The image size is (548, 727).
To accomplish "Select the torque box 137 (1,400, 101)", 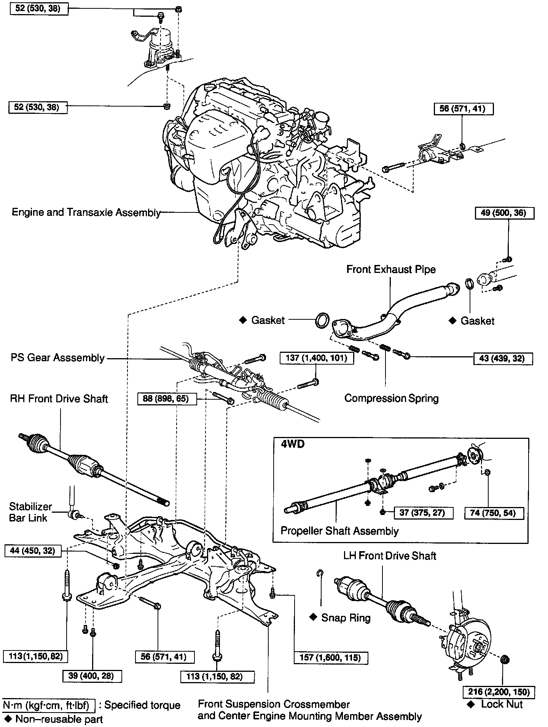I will pos(316,358).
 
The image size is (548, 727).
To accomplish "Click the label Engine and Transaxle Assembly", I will pos(86,212).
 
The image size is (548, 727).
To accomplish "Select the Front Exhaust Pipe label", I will pos(391,269).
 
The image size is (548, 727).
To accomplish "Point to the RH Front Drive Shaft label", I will pos(59,399).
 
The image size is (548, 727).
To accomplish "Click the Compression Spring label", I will pos(391,399).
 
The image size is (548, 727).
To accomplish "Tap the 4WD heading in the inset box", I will pos(293,444).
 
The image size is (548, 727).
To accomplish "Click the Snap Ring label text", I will pos(346,617).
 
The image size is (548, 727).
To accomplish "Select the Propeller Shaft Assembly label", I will pos(339,531).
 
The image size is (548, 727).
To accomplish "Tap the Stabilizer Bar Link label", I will pos(30,512).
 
